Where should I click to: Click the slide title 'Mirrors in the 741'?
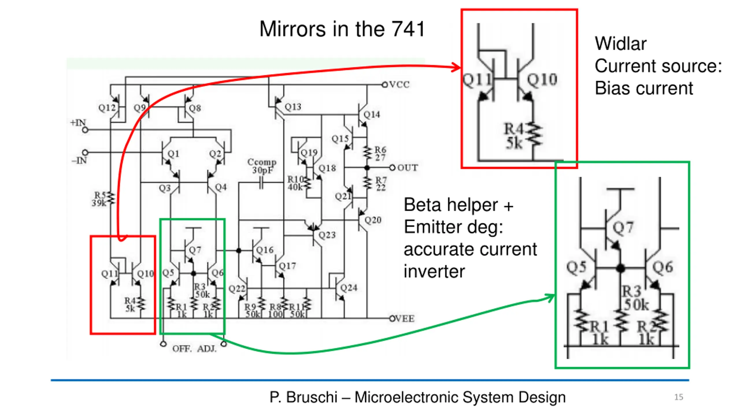342,29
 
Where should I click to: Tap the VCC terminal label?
399,85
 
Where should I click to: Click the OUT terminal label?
408,168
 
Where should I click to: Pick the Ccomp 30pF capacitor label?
262,166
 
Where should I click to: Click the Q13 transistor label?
293,107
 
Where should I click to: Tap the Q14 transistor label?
372,115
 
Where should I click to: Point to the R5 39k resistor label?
100,199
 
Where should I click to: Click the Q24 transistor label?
349,288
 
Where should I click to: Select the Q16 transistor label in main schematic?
265,250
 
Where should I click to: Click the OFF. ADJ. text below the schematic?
194,349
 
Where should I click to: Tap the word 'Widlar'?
620,44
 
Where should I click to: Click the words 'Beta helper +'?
458,205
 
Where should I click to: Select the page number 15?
679,397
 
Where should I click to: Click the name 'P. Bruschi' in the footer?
303,397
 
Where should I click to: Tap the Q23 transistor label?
327,235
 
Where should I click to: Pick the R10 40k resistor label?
295,183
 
